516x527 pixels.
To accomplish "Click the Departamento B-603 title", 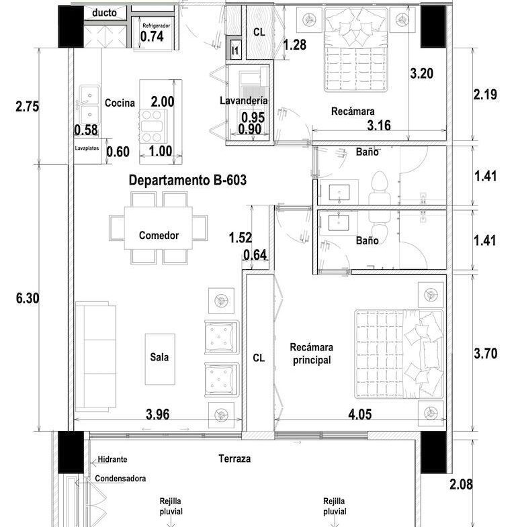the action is (x=187, y=180).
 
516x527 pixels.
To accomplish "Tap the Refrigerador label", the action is (x=156, y=26).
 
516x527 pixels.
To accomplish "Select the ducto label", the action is (x=104, y=13).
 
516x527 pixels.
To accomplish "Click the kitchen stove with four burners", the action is (x=152, y=126).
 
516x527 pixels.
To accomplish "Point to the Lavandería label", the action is (x=243, y=101).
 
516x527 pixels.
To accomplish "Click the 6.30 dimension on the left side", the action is (x=28, y=298).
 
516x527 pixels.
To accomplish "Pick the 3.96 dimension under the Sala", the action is (x=157, y=414).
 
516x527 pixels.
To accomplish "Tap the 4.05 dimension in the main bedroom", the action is (x=360, y=414).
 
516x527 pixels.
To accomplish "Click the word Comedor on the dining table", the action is (x=159, y=235).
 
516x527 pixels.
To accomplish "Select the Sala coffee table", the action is (x=160, y=359).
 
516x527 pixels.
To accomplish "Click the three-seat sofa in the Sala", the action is (x=96, y=356).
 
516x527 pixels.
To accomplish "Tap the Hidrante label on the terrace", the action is (x=112, y=459).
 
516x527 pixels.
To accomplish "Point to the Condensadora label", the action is (x=120, y=478).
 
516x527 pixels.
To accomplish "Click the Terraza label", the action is (x=234, y=459).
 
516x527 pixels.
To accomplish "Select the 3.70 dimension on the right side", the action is (x=485, y=354).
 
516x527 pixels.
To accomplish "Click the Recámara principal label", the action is (x=312, y=354).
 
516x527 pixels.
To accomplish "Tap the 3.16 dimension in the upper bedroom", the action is (x=379, y=126).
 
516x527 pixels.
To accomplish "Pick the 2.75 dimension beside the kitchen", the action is (x=28, y=107).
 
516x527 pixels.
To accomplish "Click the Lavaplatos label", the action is (x=87, y=148).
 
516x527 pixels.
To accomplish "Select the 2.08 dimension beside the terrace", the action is (x=461, y=484).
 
